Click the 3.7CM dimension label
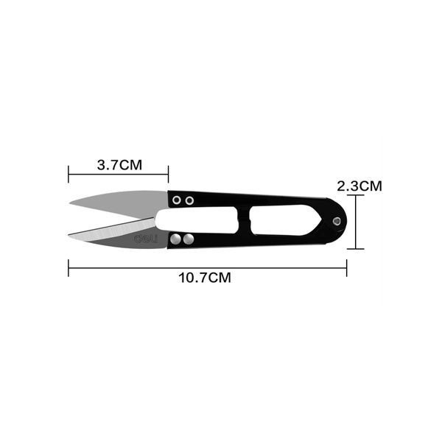click(119, 165)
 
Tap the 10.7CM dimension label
click(205, 278)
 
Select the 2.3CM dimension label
click(359, 186)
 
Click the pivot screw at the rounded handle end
click(337, 221)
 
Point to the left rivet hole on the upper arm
click(177, 200)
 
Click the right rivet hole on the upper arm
click(189, 200)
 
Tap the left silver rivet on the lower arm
click(175, 239)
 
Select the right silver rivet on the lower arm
click(189, 239)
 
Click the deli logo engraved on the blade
click(146, 239)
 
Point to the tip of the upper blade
click(70, 203)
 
